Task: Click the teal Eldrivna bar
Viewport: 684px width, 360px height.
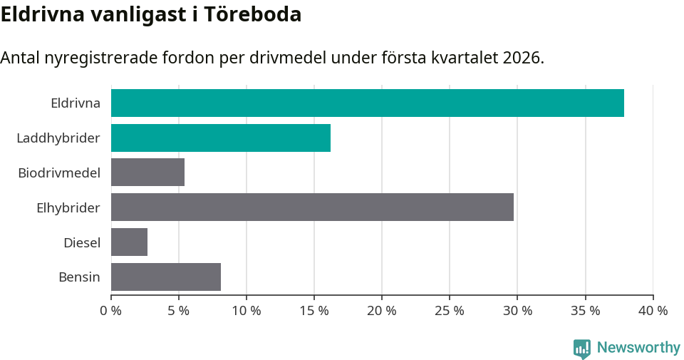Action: (x=367, y=103)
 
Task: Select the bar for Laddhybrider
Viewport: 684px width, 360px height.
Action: (x=221, y=138)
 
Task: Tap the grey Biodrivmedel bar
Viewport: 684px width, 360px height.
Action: (x=147, y=173)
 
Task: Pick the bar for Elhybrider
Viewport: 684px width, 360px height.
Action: (x=312, y=207)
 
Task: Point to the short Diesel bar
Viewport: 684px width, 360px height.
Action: (x=129, y=242)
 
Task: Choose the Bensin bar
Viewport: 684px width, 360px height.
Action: (x=166, y=277)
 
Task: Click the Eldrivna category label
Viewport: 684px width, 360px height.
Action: (x=76, y=103)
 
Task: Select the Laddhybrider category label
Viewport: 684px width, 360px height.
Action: (x=58, y=138)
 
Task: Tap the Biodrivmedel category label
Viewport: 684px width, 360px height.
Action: (x=59, y=173)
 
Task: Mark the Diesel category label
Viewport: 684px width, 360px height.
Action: (x=82, y=242)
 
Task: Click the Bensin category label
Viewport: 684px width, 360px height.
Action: (x=79, y=277)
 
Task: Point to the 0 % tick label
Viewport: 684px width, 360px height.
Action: (x=111, y=311)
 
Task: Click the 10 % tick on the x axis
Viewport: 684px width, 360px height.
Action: (x=247, y=311)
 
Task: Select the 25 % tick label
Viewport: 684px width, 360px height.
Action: (x=450, y=311)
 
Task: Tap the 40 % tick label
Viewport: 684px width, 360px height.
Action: (x=653, y=311)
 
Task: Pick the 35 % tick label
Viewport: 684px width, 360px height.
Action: (x=585, y=311)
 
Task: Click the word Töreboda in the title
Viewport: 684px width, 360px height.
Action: (x=253, y=14)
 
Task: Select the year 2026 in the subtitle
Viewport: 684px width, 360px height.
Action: (x=522, y=58)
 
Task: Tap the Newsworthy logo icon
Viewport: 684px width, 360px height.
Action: (x=582, y=348)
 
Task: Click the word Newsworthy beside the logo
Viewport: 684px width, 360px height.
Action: (x=638, y=348)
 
